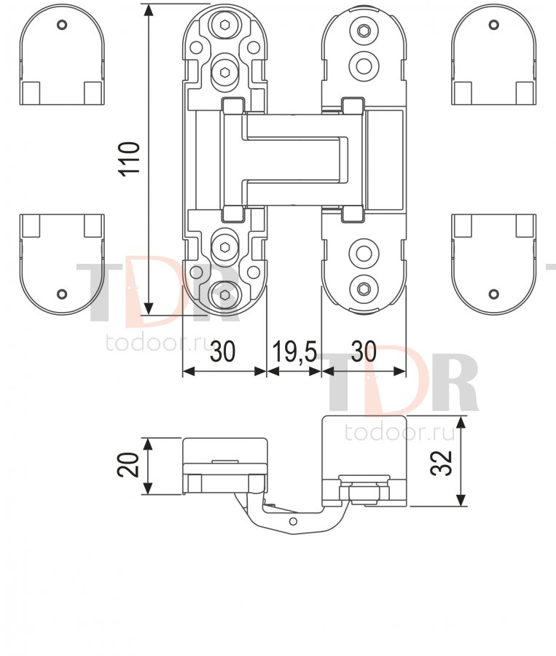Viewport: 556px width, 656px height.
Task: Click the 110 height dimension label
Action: [130, 159]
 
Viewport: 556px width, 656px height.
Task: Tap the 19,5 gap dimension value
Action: [294, 351]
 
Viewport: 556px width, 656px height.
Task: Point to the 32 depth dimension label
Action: [442, 462]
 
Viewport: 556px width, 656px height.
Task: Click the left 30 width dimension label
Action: [222, 351]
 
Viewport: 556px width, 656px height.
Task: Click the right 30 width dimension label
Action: [364, 351]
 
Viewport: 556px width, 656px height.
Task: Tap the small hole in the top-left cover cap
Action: [62, 25]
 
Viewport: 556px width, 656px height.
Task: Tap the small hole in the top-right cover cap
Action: [494, 25]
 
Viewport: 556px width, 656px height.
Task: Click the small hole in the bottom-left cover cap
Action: [62, 294]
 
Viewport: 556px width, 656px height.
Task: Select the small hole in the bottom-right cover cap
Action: [494, 294]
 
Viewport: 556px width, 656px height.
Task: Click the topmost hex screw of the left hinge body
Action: [225, 24]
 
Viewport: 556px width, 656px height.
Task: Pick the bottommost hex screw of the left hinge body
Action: [225, 295]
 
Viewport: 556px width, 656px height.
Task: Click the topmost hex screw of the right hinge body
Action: [364, 31]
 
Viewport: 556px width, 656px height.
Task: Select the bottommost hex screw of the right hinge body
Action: [364, 288]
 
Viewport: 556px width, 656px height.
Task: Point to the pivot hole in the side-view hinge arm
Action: [293, 521]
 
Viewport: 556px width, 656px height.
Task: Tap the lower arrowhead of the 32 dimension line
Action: [461, 499]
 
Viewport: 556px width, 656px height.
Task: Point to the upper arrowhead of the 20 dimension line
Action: [147, 445]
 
